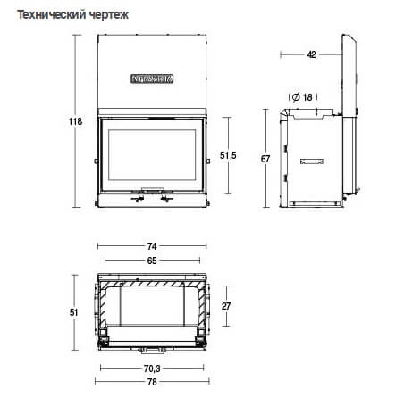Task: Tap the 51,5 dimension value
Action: pos(227,155)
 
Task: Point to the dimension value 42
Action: pos(311,54)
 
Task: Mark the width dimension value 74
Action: pos(151,245)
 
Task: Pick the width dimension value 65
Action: pos(151,261)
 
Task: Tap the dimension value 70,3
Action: pos(151,368)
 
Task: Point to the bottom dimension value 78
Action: pos(151,382)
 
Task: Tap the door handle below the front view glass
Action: pos(152,190)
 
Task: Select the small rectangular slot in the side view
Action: pos(313,162)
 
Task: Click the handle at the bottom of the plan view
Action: pos(153,347)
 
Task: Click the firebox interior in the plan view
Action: pos(152,308)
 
